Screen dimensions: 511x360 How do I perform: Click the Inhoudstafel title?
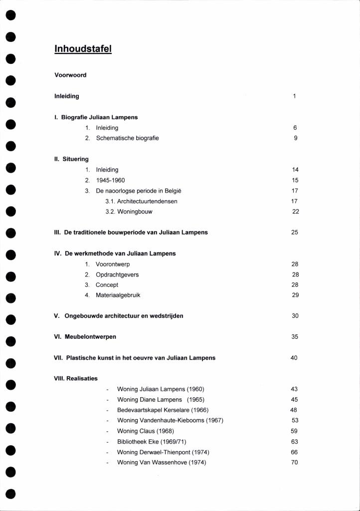point(83,49)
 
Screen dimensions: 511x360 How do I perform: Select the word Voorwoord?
point(70,75)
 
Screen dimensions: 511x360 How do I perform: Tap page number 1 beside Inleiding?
point(295,96)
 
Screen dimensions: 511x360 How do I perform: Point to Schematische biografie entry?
point(127,138)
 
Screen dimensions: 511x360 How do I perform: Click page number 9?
point(295,138)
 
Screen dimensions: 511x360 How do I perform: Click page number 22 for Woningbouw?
point(295,212)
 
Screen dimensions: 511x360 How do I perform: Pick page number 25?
point(295,233)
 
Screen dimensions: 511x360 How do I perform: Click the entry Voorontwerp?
point(113,264)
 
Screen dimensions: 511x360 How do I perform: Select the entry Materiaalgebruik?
point(118,295)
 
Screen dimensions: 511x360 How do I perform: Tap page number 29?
point(295,295)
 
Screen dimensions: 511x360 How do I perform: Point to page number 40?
point(294,358)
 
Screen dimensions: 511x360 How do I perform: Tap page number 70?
point(294,463)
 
